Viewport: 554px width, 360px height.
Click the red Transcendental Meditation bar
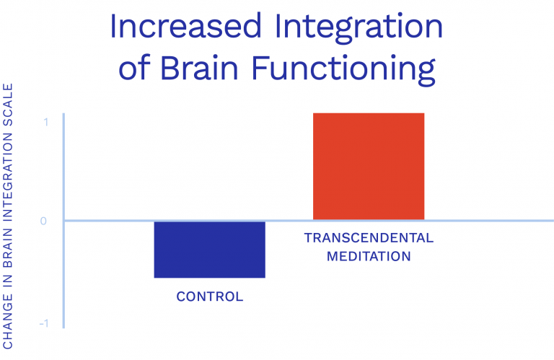(368, 166)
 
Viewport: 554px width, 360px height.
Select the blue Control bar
(210, 249)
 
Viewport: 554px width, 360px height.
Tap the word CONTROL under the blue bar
(210, 297)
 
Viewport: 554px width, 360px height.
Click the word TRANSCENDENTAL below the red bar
(369, 238)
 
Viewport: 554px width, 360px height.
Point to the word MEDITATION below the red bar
(369, 256)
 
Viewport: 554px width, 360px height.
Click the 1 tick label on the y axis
(45, 122)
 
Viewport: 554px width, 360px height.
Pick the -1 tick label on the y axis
(43, 323)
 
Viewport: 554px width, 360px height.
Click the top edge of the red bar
(368, 114)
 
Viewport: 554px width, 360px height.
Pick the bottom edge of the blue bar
(210, 277)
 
